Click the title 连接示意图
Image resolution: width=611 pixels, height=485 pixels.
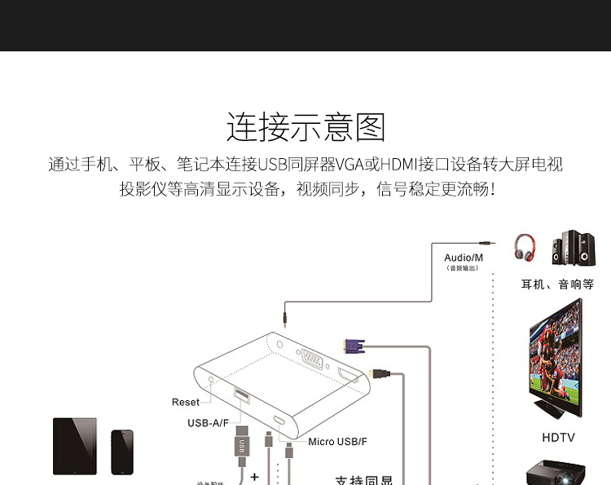(305, 127)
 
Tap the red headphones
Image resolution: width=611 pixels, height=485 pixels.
(525, 247)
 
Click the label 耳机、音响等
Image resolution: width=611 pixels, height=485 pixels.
(557, 284)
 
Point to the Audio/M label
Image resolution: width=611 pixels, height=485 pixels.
(464, 258)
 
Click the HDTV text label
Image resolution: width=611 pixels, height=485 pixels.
(558, 438)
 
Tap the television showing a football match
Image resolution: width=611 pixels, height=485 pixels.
(556, 359)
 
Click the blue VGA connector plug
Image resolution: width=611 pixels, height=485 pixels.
(354, 346)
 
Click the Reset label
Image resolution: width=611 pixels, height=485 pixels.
(186, 402)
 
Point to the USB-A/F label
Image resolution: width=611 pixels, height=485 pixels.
(208, 422)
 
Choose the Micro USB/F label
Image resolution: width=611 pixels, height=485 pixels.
(337, 441)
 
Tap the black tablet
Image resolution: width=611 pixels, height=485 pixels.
(74, 446)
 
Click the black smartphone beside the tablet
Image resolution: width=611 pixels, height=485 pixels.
(121, 452)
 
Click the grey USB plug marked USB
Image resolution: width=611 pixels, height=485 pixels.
(241, 443)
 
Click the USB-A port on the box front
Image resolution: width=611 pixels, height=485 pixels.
(241, 396)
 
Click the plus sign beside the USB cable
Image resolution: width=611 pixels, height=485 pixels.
(254, 477)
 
